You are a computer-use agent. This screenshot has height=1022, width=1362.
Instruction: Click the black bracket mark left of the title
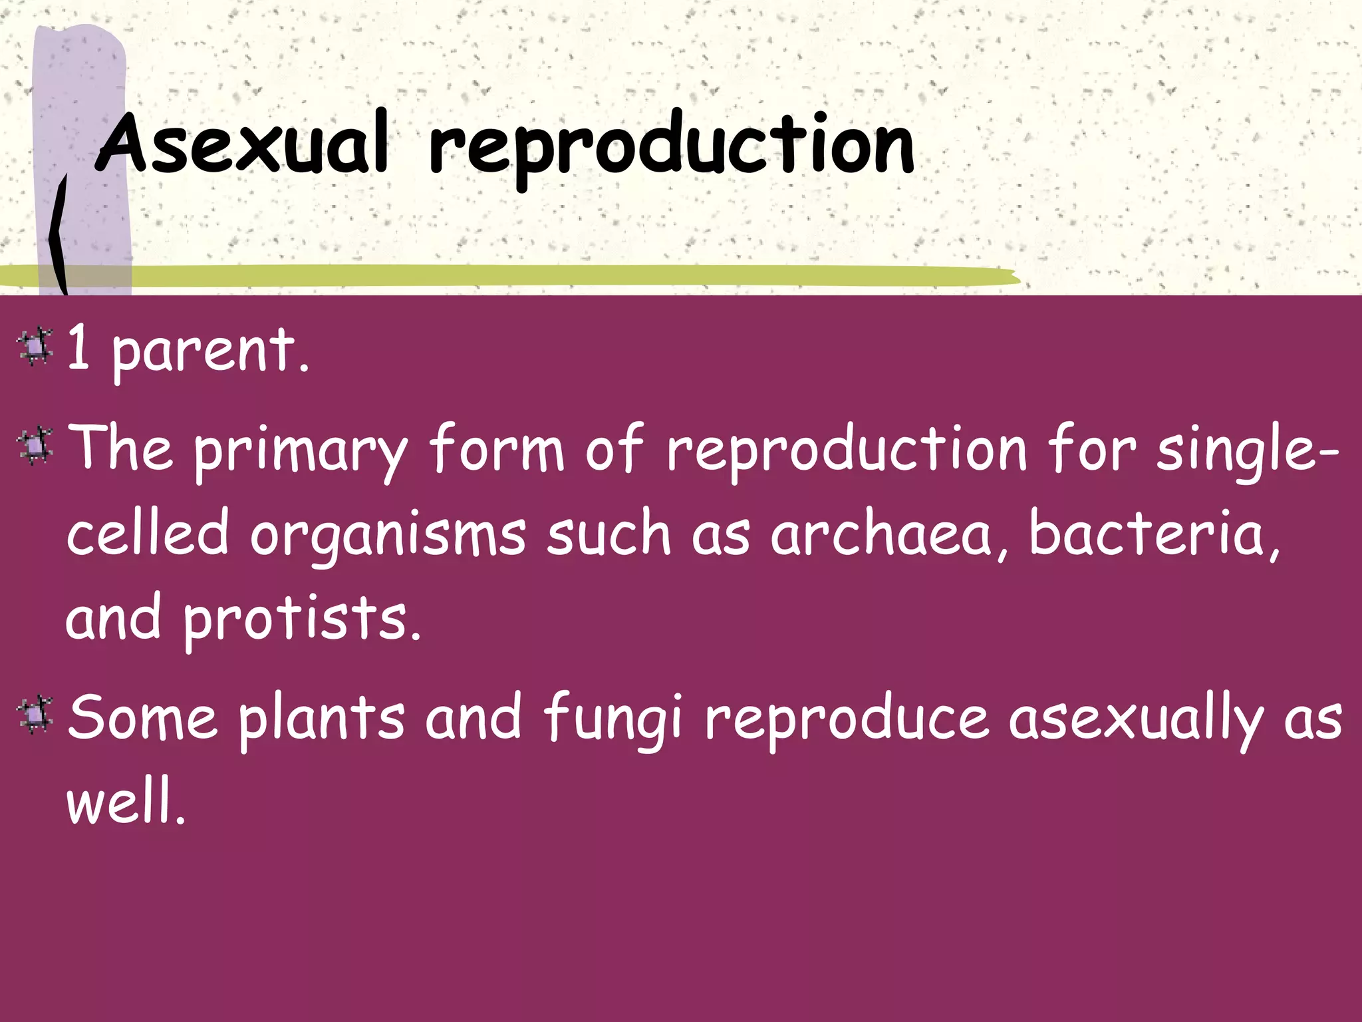pyautogui.click(x=59, y=233)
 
